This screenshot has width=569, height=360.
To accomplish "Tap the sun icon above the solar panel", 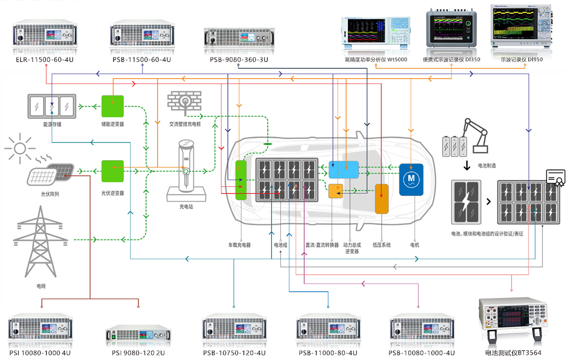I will pyautogui.click(x=19, y=147).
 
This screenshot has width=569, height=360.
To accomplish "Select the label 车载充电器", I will pyautogui.click(x=240, y=245).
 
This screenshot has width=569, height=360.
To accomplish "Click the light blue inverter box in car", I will pyautogui.click(x=343, y=170).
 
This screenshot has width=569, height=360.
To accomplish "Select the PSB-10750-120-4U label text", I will pyautogui.click(x=234, y=353).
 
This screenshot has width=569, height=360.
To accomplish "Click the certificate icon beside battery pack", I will pyautogui.click(x=556, y=177).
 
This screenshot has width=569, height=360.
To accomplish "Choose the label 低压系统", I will pyautogui.click(x=381, y=245).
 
